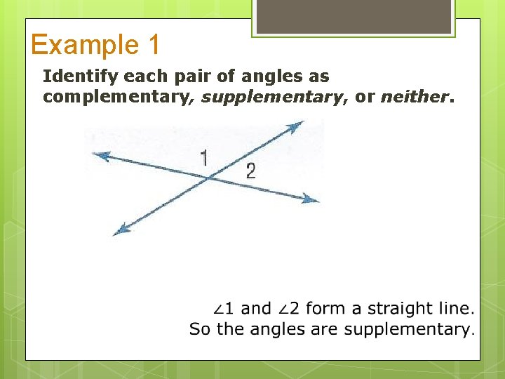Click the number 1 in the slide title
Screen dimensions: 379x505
pyautogui.click(x=154, y=46)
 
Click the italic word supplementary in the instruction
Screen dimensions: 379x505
pyautogui.click(x=271, y=96)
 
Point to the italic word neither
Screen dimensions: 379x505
pyautogui.click(x=413, y=96)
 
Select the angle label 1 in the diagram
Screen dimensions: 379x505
pyautogui.click(x=204, y=159)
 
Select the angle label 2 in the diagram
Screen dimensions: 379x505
pyautogui.click(x=250, y=171)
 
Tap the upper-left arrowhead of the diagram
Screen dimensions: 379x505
pyautogui.click(x=100, y=156)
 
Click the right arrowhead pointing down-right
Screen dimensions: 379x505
pyautogui.click(x=311, y=200)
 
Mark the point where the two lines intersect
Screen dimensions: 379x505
pyautogui.click(x=209, y=178)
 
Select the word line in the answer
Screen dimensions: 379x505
pyautogui.click(x=453, y=308)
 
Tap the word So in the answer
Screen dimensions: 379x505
pyautogui.click(x=200, y=328)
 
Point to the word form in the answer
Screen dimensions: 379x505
pyautogui.click(x=325, y=308)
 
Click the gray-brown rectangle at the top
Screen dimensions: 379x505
pyautogui.click(x=353, y=15)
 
